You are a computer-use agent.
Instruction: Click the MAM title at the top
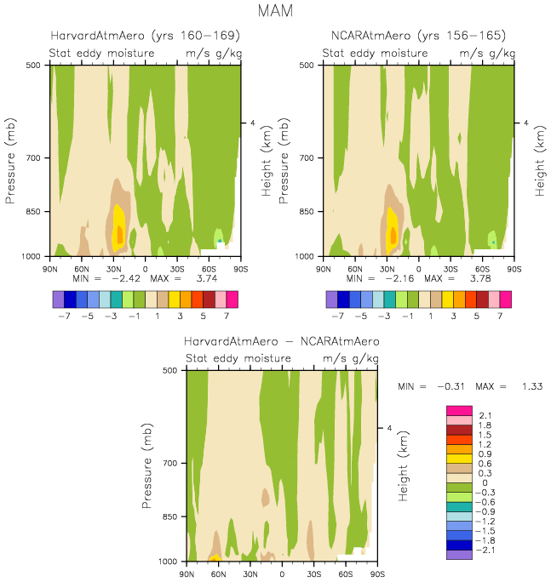point(275,12)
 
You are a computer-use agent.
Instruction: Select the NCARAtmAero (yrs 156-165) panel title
point(418,36)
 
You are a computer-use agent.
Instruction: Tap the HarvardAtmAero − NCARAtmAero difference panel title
point(282,341)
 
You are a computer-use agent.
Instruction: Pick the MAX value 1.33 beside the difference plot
point(532,386)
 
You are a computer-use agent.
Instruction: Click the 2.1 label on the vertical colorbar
point(485,415)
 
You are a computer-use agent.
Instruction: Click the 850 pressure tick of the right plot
point(310,212)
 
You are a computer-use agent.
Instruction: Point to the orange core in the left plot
point(119,235)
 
